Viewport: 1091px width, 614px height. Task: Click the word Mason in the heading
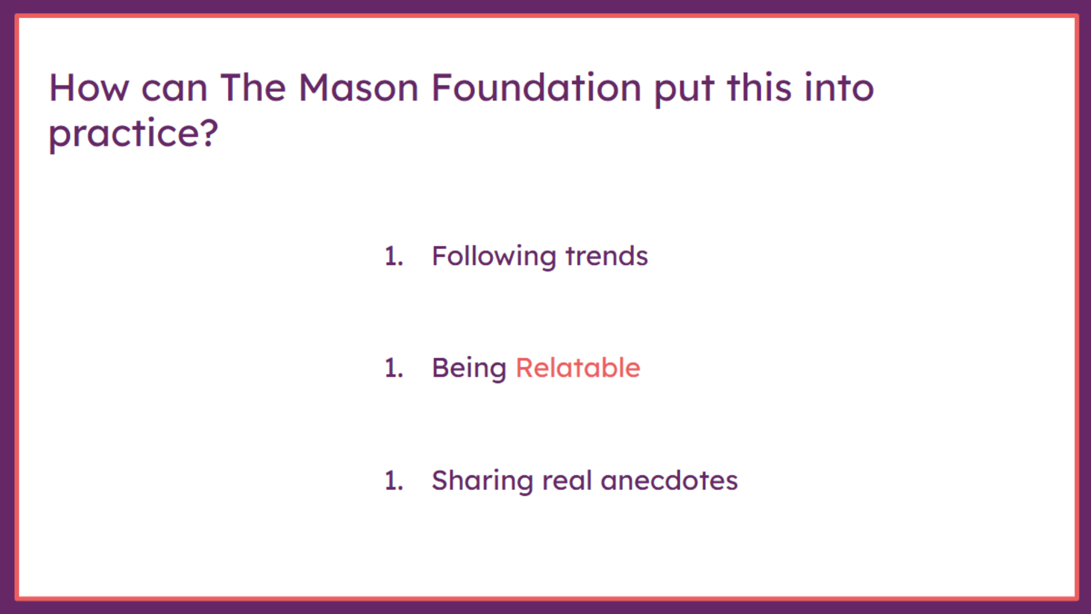click(x=359, y=88)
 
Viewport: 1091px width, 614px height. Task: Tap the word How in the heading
click(x=89, y=88)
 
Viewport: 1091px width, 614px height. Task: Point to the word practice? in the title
click(x=134, y=134)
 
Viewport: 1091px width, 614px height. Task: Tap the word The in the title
click(x=253, y=88)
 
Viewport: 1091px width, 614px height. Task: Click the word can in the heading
click(x=174, y=91)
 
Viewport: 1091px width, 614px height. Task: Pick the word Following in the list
click(x=494, y=257)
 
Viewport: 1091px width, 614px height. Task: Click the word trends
click(x=607, y=256)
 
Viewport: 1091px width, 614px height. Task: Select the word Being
click(x=469, y=369)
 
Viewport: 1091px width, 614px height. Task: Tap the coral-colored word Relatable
click(x=578, y=368)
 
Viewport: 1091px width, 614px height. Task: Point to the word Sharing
click(x=482, y=482)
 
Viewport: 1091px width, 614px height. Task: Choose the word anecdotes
click(x=669, y=481)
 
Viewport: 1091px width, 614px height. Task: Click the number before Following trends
click(x=394, y=256)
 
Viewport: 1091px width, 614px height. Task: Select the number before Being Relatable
click(x=394, y=368)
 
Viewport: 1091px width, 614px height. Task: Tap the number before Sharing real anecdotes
click(x=394, y=481)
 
